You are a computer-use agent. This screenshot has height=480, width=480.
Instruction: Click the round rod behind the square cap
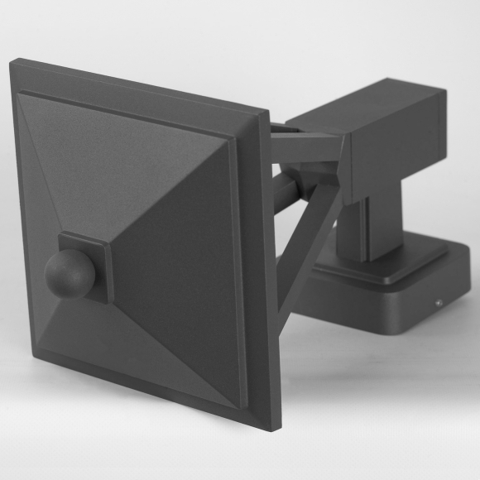pos(281,189)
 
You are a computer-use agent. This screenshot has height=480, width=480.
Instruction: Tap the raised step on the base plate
pos(372,269)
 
